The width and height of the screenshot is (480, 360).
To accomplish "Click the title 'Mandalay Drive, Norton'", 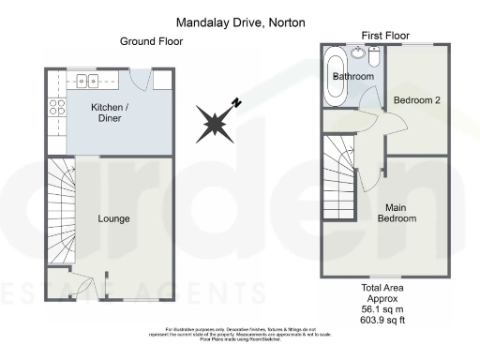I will click(x=240, y=22).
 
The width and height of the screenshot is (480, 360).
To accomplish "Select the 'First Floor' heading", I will click(x=384, y=35).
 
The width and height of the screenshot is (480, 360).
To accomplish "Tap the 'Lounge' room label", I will click(x=113, y=218).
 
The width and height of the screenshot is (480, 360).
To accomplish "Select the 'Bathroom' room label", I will click(x=357, y=76).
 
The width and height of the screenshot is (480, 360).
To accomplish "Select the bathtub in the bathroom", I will click(x=335, y=80).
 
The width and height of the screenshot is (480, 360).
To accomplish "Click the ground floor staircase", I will click(x=62, y=211).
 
